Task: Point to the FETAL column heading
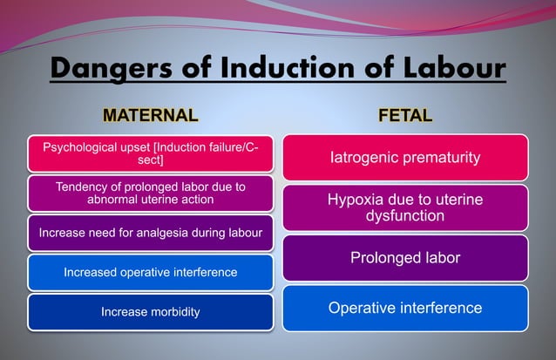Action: (x=405, y=114)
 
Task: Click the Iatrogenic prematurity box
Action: (x=405, y=158)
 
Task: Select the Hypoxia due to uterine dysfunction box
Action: (x=405, y=207)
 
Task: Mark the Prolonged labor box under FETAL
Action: (x=405, y=258)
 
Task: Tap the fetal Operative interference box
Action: (x=405, y=308)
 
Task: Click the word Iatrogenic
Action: (x=364, y=158)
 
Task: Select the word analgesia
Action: (x=171, y=232)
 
